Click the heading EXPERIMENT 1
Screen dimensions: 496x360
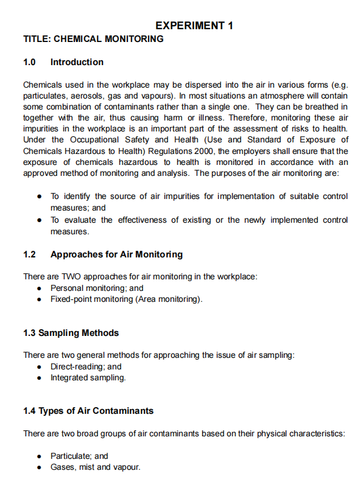tap(194, 26)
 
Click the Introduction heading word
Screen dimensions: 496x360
tap(77, 62)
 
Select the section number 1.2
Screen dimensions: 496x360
tap(29, 254)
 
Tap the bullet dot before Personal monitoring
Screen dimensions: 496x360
tap(40, 288)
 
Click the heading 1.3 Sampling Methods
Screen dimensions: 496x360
tap(71, 333)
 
